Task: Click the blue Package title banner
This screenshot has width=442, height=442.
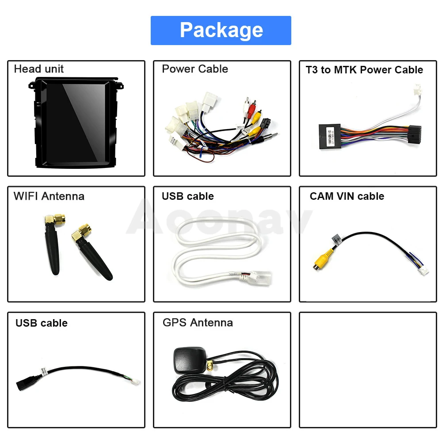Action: coord(221,30)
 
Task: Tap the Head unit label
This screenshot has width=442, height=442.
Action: coord(39,69)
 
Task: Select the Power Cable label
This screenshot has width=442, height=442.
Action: coord(195,69)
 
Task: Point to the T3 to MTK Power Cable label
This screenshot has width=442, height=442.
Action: coord(364,70)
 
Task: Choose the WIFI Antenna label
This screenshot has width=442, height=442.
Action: coord(49,196)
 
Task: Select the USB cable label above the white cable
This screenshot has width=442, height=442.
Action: coord(188,196)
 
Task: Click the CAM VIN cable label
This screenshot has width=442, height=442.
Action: coord(347,196)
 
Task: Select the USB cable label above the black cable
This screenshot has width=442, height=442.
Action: coord(42,323)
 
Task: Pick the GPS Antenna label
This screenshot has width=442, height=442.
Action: coord(198,323)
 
